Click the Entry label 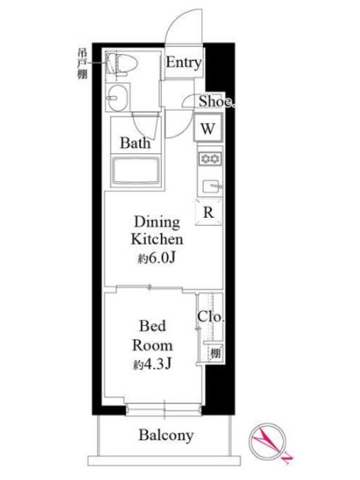(x=184, y=62)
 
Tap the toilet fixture (x=122, y=64)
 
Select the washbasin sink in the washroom (x=118, y=98)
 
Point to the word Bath (x=136, y=143)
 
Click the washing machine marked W (x=208, y=128)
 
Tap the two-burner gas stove (x=210, y=158)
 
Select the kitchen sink (x=212, y=186)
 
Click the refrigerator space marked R (x=208, y=212)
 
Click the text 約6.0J (x=157, y=259)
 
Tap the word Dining (x=157, y=223)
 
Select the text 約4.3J (x=152, y=364)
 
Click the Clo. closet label (x=211, y=317)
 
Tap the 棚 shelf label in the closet (x=215, y=354)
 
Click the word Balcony (x=166, y=435)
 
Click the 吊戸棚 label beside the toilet (x=82, y=64)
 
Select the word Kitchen (x=157, y=239)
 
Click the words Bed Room (x=152, y=336)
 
